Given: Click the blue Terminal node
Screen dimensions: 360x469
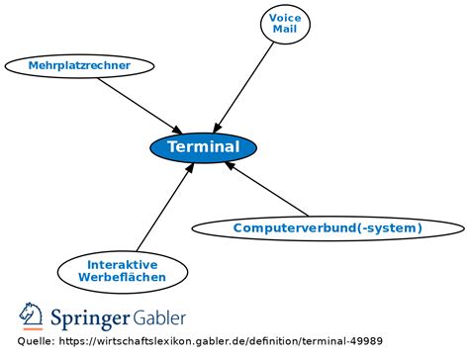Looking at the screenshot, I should (203, 147).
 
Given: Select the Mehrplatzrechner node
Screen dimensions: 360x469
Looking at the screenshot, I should (80, 65).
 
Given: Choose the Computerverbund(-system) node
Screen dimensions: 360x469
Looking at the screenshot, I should (327, 228).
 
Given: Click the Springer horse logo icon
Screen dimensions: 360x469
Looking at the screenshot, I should (31, 316).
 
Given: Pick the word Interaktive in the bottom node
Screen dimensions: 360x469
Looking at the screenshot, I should (121, 264).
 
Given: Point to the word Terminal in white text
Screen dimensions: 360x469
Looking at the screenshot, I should (204, 147).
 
